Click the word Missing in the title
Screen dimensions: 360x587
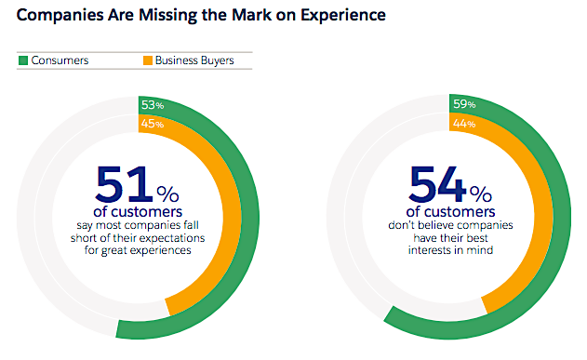149,16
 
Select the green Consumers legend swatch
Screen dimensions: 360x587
22,60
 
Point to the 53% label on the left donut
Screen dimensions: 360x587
153,104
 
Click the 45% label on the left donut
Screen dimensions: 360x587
153,124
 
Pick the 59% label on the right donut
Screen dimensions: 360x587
463,104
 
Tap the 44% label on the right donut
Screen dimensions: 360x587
463,124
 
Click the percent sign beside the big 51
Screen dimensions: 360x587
167,193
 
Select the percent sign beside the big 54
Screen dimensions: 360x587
480,193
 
